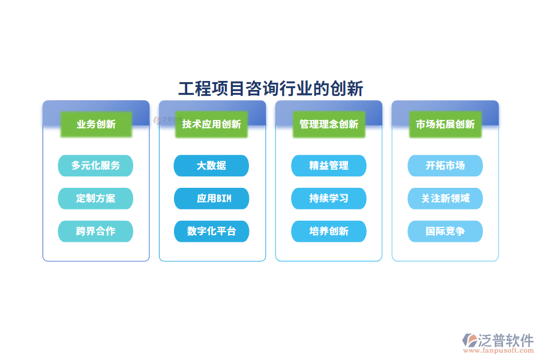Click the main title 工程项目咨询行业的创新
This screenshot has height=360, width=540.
click(x=271, y=89)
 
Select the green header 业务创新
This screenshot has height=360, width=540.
click(x=96, y=124)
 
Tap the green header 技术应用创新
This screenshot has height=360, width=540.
click(x=212, y=124)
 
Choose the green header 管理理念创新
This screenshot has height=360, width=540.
click(x=329, y=124)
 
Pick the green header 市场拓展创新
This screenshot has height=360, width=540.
click(x=445, y=124)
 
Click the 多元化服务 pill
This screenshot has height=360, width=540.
click(x=95, y=166)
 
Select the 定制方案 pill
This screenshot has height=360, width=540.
click(x=95, y=198)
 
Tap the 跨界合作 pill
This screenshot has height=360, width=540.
click(x=95, y=231)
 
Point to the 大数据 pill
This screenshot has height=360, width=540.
click(x=211, y=166)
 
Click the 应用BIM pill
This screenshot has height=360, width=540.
click(x=211, y=198)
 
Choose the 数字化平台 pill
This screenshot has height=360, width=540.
click(x=211, y=231)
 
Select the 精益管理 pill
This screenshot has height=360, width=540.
click(x=329, y=166)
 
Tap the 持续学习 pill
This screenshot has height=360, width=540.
click(x=329, y=198)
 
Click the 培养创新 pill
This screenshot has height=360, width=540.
click(x=329, y=231)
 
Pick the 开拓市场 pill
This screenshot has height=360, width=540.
click(x=445, y=166)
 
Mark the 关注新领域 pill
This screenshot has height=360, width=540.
click(x=445, y=198)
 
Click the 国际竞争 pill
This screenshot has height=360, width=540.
click(x=445, y=231)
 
